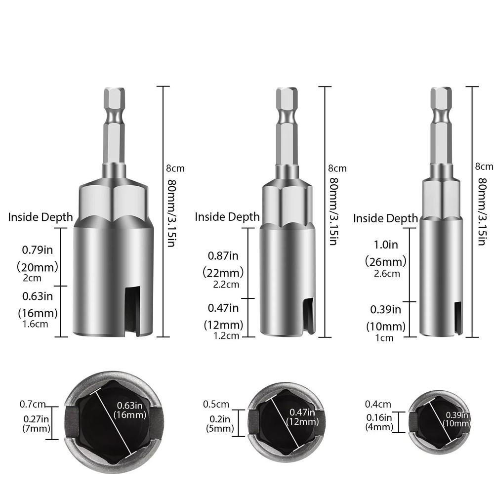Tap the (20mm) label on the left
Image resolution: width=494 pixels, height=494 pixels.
[x=38, y=267]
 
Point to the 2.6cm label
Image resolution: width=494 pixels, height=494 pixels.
[x=386, y=274]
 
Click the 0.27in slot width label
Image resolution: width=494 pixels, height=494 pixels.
[x=35, y=419]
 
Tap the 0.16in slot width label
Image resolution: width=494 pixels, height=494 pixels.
[x=379, y=417]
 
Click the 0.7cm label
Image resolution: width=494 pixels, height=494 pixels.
[x=33, y=405]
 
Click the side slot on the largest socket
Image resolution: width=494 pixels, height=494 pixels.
[x=131, y=313]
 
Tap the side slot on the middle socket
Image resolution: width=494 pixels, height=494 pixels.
[x=307, y=314]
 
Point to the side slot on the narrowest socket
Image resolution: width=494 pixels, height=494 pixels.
[x=458, y=318]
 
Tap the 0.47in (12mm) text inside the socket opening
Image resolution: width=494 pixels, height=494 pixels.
[x=301, y=417]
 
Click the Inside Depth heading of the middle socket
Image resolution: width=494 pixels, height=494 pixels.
[x=227, y=216]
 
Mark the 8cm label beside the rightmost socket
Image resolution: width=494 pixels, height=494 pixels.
[x=484, y=166]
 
